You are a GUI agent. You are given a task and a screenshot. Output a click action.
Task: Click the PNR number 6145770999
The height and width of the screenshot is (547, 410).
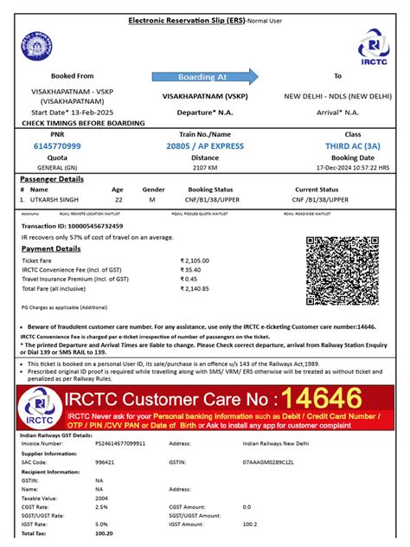58,146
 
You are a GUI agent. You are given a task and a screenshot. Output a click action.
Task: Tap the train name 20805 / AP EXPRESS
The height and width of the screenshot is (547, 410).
204,146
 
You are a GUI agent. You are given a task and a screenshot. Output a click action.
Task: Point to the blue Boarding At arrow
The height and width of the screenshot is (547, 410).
204,76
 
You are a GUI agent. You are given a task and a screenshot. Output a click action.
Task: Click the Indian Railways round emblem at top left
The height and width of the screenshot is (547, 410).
38,44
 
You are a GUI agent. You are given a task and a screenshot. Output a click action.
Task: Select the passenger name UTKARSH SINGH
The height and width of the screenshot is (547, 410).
56,199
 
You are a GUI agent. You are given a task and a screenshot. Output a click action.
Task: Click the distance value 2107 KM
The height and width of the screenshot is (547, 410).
204,167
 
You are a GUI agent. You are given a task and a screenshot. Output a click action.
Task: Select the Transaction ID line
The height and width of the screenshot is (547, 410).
65,225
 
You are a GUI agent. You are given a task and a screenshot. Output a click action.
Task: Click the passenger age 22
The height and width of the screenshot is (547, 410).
119,199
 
